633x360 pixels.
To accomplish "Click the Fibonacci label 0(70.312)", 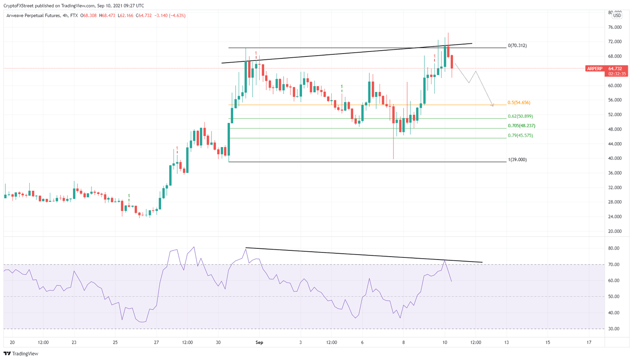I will (517, 46).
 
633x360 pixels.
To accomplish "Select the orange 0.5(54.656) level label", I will (519, 103).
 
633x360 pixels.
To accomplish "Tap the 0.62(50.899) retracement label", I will (520, 117).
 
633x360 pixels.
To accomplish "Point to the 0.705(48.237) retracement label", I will (521, 126).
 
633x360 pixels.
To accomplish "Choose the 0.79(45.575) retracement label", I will (520, 136).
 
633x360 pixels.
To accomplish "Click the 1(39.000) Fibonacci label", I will (517, 160).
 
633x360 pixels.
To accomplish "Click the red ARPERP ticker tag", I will (595, 69).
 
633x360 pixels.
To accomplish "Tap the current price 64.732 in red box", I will (615, 69).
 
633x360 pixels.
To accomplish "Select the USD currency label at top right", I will (617, 16).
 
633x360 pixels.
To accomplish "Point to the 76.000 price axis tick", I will (615, 27).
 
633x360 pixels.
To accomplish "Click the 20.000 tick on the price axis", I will (615, 231).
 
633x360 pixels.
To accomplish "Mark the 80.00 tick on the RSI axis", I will (614, 248).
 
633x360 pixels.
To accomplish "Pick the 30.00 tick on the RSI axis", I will (614, 329).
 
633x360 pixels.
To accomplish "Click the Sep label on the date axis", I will (259, 342).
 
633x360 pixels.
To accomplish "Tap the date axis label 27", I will (156, 342).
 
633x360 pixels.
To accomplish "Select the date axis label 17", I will (589, 342).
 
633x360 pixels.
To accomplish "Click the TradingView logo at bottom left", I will (21, 353).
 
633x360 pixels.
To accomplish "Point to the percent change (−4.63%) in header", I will (175, 16).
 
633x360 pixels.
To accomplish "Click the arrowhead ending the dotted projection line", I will (492, 105).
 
